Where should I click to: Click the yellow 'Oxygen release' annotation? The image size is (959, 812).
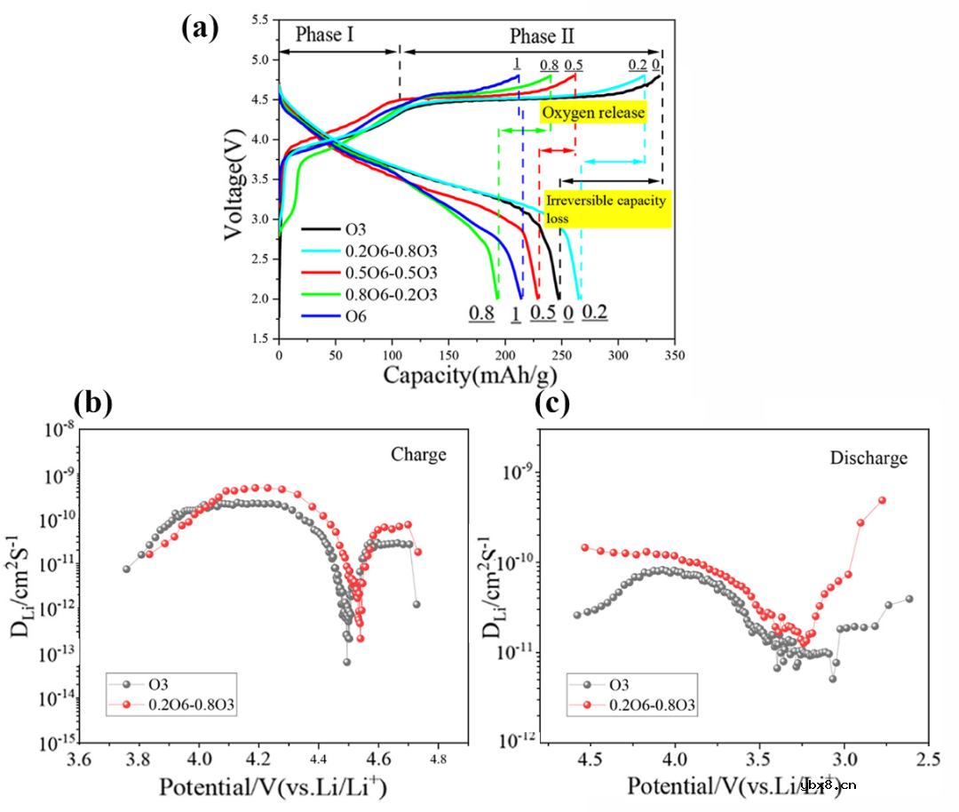(x=593, y=113)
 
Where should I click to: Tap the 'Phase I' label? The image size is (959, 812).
(x=325, y=35)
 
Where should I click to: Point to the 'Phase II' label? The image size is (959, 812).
(x=542, y=36)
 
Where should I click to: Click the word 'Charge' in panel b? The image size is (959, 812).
(x=419, y=455)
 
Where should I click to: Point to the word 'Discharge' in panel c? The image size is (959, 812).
(x=869, y=458)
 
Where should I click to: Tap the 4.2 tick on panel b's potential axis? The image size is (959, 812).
(x=258, y=760)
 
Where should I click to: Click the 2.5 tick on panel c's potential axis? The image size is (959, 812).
(x=927, y=760)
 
